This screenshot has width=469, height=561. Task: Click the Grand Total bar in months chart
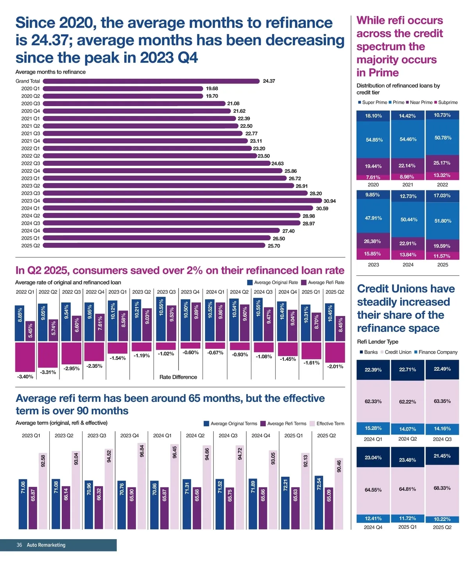click(151, 81)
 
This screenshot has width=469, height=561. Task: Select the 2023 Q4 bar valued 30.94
click(182, 201)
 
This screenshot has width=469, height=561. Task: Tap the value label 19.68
click(212, 89)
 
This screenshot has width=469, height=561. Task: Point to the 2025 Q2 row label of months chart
click(30, 246)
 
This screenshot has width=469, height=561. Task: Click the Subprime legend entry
click(446, 103)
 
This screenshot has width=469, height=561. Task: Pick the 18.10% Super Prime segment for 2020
click(373, 116)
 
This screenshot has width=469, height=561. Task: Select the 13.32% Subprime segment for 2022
click(442, 176)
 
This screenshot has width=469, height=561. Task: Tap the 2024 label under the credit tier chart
click(408, 265)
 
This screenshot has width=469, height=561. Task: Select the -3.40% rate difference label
click(25, 376)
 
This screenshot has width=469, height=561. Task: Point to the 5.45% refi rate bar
click(30, 331)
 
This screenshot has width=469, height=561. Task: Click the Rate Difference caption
click(178, 377)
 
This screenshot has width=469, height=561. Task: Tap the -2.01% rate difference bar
click(335, 352)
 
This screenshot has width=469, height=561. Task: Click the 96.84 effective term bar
click(142, 486)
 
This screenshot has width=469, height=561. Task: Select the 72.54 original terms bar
click(319, 502)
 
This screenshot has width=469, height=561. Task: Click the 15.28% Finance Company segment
click(373, 428)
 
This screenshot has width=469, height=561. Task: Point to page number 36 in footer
click(19, 545)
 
